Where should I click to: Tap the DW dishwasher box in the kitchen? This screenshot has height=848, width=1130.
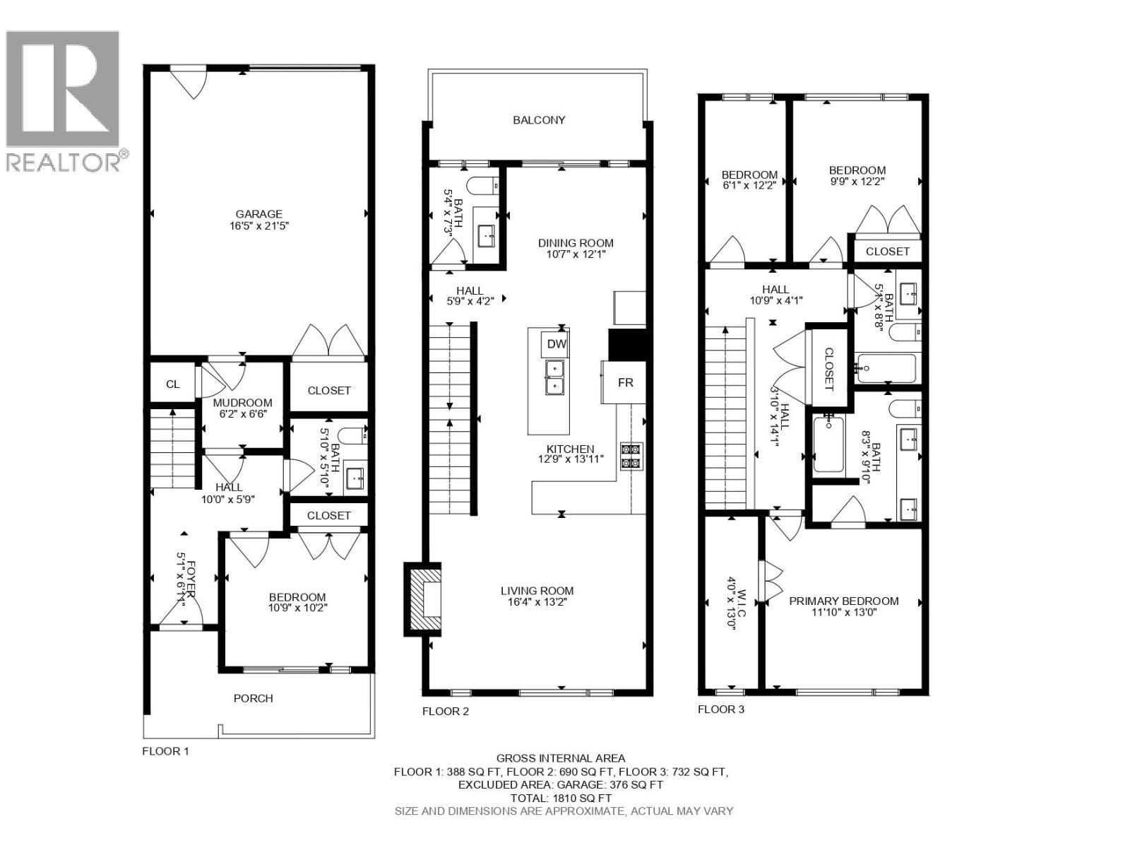[x=557, y=344]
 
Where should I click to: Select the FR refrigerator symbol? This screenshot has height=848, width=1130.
[x=625, y=382]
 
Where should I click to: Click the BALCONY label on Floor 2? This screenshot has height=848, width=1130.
[x=539, y=120]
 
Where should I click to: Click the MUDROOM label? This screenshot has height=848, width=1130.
[x=242, y=403]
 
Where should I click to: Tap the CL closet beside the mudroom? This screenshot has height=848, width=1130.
[x=173, y=384]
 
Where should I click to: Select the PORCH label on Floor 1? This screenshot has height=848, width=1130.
[x=253, y=698]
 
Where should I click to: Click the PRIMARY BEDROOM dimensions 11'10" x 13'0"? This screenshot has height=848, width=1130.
[x=845, y=613]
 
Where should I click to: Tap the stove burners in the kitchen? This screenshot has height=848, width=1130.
[x=631, y=456]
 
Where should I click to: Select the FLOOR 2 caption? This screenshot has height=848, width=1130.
[x=445, y=712]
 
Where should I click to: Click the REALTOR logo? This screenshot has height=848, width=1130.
[x=64, y=99]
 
